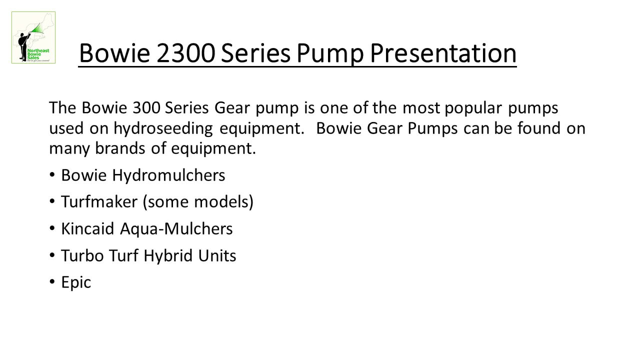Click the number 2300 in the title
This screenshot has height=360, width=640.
pos(185,53)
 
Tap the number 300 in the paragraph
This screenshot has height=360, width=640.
pos(146,108)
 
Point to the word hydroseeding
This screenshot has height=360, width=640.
pos(163,128)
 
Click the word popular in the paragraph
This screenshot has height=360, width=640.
pos(473,108)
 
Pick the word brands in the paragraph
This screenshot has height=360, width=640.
pos(120,148)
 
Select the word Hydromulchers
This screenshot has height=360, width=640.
pos(168,175)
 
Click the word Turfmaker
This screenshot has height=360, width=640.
pos(99,201)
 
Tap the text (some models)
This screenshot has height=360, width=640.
pos(197,202)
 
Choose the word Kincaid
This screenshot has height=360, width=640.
pos(87,229)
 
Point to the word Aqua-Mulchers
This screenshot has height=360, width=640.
pos(176,229)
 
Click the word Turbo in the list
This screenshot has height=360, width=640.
pos(82,255)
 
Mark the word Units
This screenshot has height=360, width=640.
pos(217,255)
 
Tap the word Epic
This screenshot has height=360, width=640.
pos(76,282)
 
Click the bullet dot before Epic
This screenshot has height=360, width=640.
pos(52,281)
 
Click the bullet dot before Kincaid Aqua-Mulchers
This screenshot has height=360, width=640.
pos(52,228)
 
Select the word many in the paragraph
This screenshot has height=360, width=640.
pos(69,149)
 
